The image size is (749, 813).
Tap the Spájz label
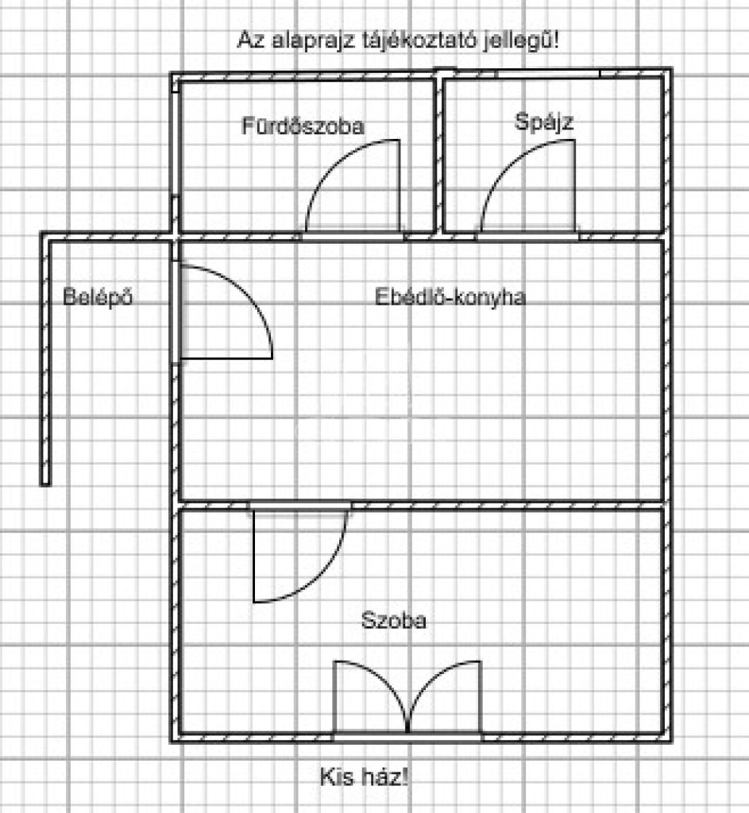pyautogui.click(x=544, y=122)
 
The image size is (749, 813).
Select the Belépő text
pyautogui.click(x=98, y=299)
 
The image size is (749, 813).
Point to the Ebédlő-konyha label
pyautogui.click(x=450, y=298)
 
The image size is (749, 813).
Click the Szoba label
pyautogui.click(x=393, y=621)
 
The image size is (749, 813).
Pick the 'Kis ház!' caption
pyautogui.click(x=364, y=776)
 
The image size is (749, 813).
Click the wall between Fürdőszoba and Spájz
pyautogui.click(x=438, y=155)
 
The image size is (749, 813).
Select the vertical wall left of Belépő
pyautogui.click(x=46, y=361)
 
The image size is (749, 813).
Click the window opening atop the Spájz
pyautogui.click(x=548, y=74)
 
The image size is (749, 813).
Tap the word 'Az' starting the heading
pyautogui.click(x=246, y=40)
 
